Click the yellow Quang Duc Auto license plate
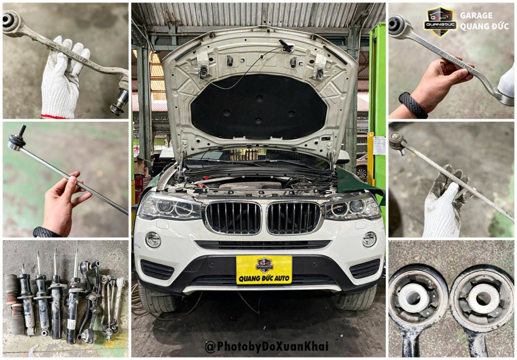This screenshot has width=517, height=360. (x=264, y=269)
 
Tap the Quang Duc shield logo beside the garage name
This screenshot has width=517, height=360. (x=440, y=22)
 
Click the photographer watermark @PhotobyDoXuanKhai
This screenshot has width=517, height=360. (x=266, y=346)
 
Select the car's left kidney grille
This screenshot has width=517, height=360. (x=233, y=217)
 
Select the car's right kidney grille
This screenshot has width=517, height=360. (x=293, y=217)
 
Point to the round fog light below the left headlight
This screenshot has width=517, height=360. (x=153, y=240)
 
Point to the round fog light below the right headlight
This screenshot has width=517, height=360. (x=369, y=239)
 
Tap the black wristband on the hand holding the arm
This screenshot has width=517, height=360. (x=413, y=105)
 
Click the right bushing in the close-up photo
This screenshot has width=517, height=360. (x=481, y=298)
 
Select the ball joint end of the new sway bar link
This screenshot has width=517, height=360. (x=18, y=141)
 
